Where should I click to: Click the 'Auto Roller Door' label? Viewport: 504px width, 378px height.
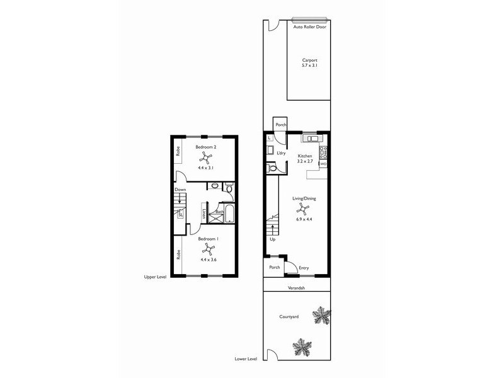(309, 26)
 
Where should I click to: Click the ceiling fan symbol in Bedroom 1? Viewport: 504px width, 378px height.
(208, 250)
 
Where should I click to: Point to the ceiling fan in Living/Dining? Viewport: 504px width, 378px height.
(304, 209)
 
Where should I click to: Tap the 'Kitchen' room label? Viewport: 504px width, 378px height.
(305, 156)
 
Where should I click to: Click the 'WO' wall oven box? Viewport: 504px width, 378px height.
(323, 164)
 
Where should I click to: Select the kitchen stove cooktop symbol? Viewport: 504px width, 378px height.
(324, 151)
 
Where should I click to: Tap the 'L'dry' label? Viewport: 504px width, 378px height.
(281, 153)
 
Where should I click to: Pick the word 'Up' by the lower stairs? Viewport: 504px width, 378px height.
(272, 239)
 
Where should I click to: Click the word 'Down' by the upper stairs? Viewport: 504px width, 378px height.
(180, 189)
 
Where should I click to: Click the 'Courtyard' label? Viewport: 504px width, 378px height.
(289, 316)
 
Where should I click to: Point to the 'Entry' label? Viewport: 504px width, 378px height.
(304, 268)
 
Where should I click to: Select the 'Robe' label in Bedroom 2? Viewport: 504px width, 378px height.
(178, 151)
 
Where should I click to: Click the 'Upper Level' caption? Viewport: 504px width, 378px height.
(154, 277)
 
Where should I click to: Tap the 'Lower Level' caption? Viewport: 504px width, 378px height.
(246, 358)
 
